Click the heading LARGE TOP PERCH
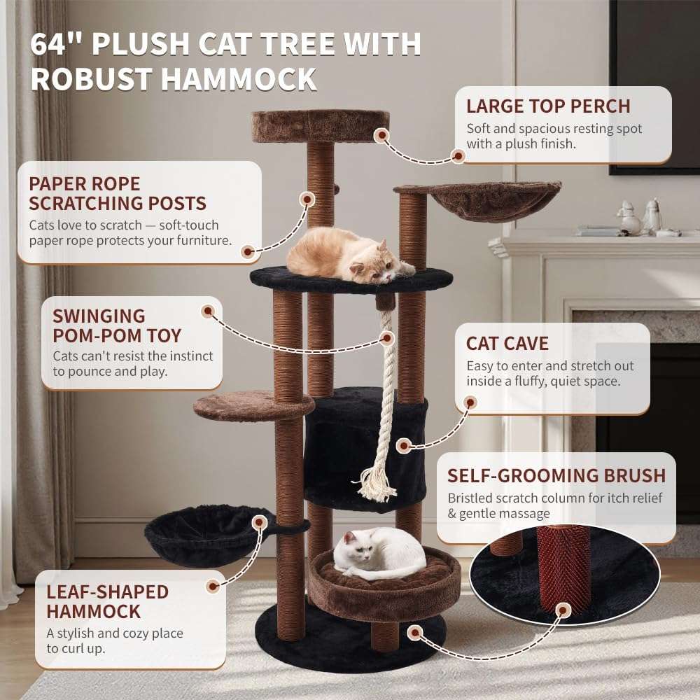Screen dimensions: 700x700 coord(548,106)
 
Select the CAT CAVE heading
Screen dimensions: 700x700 coord(507,344)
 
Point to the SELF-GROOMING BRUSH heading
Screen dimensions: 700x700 coord(556,476)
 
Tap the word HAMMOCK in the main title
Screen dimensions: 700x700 coord(239,79)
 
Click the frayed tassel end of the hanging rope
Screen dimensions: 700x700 coord(377,484)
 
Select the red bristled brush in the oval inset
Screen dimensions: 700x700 coord(563,570)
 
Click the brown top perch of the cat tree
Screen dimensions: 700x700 coord(321,126)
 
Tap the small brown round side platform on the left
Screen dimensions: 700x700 coord(254,405)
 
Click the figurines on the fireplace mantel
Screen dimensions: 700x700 coord(640,218)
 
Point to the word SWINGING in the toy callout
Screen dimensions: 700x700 coord(99,316)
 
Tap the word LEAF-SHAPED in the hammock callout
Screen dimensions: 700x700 coord(108,592)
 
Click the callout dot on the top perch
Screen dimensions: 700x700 coord(381,135)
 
